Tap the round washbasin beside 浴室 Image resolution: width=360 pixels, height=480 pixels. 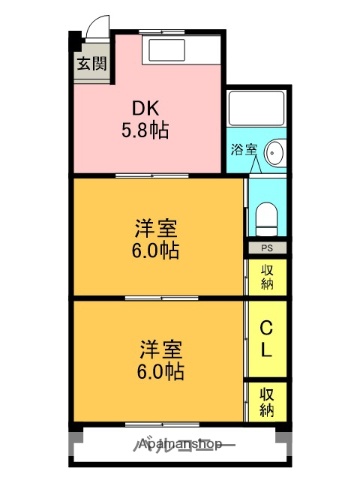point(276,153)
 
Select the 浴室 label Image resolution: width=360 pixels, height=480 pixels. point(243,151)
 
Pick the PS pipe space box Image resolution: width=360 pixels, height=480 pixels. point(266,248)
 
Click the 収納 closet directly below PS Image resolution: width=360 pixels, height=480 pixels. point(267,277)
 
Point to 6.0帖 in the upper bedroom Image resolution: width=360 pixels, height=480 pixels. point(157,251)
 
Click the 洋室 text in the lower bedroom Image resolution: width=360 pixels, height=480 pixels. point(160,350)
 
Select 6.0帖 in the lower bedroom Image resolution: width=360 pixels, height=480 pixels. point(160,372)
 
